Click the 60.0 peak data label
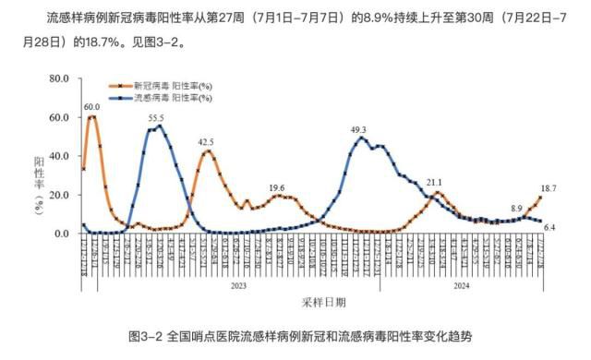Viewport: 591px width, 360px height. tap(91, 107)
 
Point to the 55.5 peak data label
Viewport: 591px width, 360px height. tap(155, 118)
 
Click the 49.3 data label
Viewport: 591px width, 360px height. tap(359, 130)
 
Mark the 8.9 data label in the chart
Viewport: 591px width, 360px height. tap(516, 209)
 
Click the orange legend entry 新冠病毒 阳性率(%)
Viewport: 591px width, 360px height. tap(172, 86)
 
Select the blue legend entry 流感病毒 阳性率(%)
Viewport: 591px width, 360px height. tap(172, 96)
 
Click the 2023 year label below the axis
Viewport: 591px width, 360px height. tap(237, 286)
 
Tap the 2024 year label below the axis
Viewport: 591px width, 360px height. tap(459, 286)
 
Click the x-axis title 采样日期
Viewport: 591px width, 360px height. tap(323, 302)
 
